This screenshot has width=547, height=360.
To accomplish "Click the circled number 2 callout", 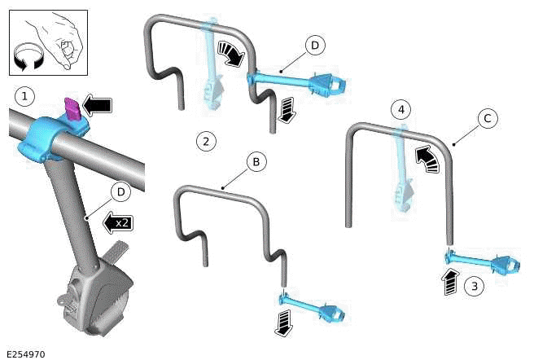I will [207, 141].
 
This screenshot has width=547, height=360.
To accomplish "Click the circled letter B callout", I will [256, 162].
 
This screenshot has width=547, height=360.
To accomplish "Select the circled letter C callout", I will [487, 119].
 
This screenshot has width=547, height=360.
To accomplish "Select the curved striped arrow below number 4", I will [427, 156].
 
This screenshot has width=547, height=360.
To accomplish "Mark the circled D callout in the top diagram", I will [315, 45].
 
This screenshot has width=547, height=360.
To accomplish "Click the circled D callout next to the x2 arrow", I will [120, 191].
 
